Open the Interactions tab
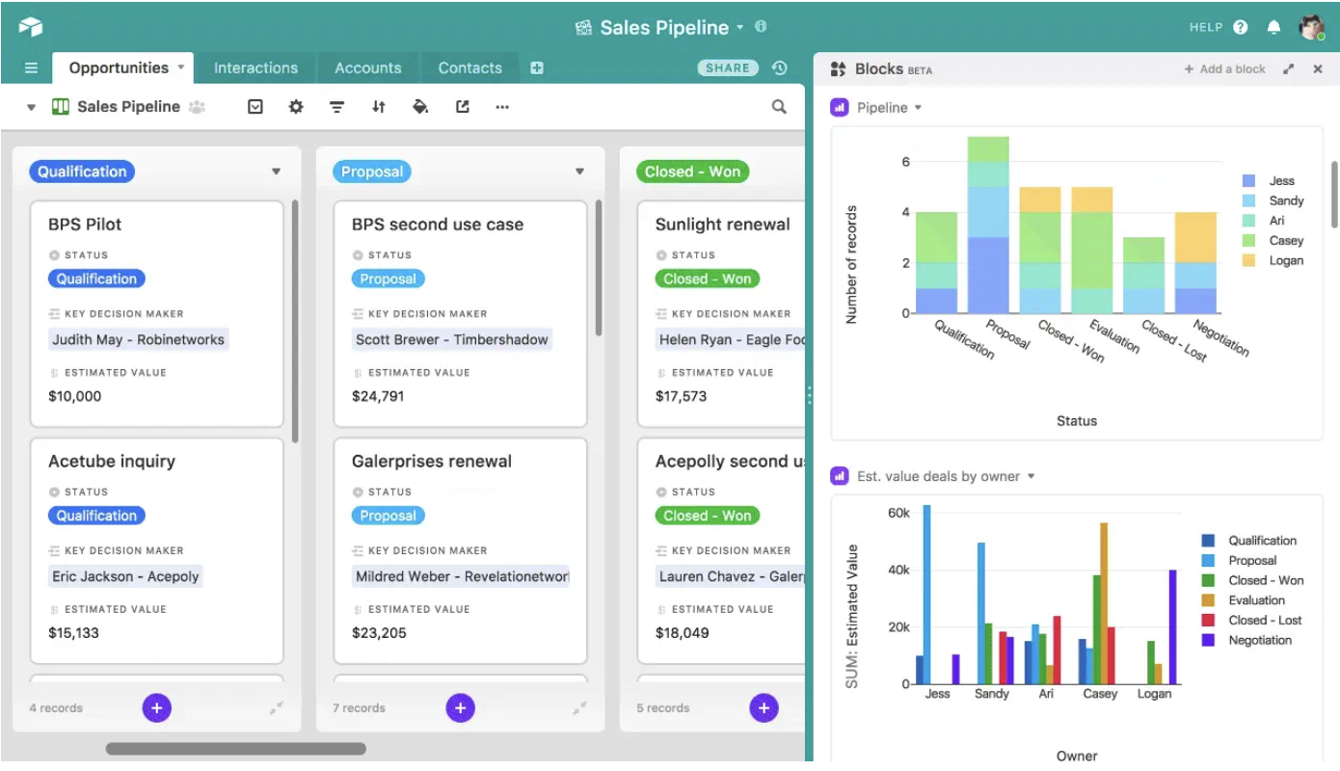tap(255, 68)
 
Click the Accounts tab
tap(367, 68)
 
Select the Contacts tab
tap(469, 68)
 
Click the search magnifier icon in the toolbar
tap(779, 107)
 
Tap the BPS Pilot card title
tap(85, 225)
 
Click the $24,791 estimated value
tap(378, 396)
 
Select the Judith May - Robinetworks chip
tap(139, 339)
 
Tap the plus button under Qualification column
tap(156, 708)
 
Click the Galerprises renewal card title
tap(431, 462)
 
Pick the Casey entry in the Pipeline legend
tap(1286, 241)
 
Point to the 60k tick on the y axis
tap(898, 513)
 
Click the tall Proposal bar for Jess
tap(927, 594)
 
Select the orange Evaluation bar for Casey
tap(1104, 603)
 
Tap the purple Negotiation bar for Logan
tap(1173, 626)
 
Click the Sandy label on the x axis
tap(991, 694)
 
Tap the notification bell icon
tap(1273, 28)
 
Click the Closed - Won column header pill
tap(692, 172)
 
